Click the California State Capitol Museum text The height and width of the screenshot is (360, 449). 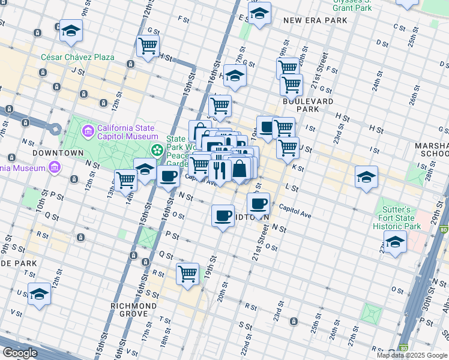(127, 132)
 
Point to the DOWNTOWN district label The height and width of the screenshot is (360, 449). (58, 153)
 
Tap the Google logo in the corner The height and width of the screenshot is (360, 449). (20, 353)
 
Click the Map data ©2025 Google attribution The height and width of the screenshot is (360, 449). (412, 355)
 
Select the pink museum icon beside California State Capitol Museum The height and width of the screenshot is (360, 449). (88, 130)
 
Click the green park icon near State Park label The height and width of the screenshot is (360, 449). (157, 149)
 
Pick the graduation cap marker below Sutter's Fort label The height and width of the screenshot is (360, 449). (395, 241)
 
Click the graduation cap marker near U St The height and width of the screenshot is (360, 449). (39, 293)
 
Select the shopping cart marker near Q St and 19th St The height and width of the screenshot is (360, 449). (187, 273)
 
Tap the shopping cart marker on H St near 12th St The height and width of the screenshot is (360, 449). (148, 45)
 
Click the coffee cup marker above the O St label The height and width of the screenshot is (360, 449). (223, 215)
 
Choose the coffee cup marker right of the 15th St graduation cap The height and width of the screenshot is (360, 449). (169, 176)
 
